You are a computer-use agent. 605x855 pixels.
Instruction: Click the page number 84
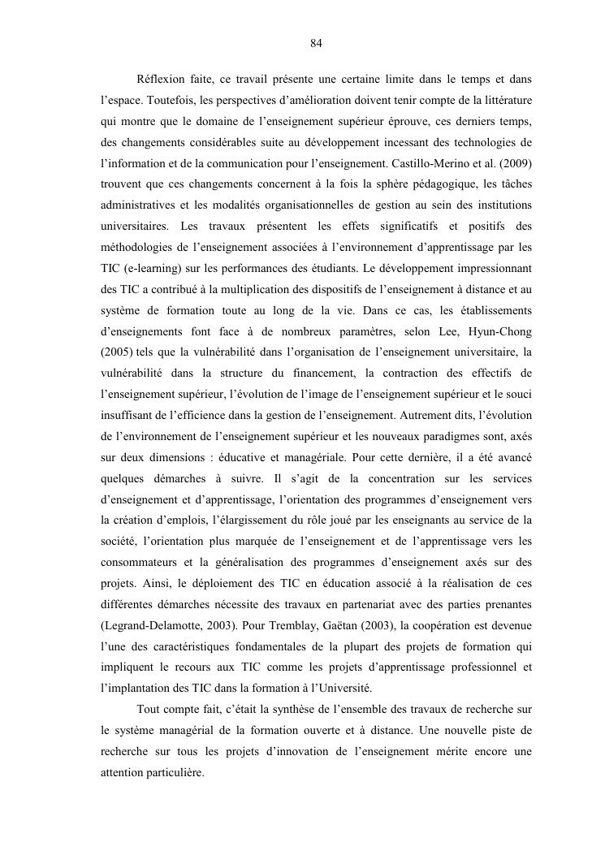coord(317,44)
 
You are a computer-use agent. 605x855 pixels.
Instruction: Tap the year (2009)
coord(515,163)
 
